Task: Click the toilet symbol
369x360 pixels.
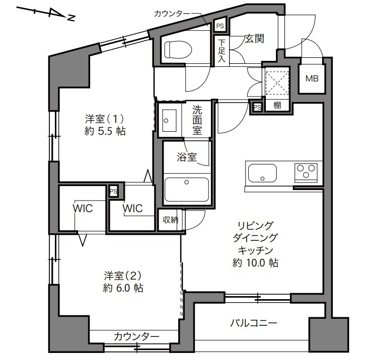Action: [x=178, y=50]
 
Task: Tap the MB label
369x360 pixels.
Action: [x=312, y=78]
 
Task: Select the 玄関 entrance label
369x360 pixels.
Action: [x=254, y=39]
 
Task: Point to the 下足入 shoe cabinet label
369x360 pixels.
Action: [x=222, y=51]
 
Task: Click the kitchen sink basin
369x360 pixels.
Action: [x=262, y=173]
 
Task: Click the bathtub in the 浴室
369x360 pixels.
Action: [x=187, y=190]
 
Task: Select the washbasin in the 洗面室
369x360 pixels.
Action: [x=170, y=121]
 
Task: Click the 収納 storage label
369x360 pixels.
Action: [x=170, y=220]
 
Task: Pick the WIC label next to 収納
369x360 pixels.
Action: [x=132, y=208]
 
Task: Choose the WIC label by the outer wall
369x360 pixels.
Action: [x=83, y=208]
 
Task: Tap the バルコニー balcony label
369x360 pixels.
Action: [x=253, y=323]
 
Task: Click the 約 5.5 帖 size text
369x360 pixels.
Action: [x=105, y=131]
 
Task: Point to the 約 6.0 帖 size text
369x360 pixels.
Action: [x=123, y=288]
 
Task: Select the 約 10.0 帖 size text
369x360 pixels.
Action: [x=255, y=262]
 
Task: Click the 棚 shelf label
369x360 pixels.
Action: [x=277, y=105]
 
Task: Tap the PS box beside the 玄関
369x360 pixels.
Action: [x=220, y=26]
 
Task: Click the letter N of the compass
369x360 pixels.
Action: [x=71, y=18]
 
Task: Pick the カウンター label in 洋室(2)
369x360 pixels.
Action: [x=136, y=337]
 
